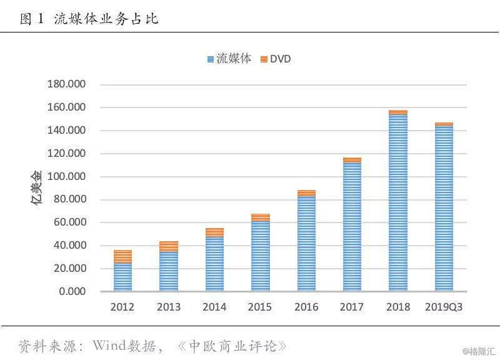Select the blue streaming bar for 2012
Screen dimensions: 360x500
[122, 277]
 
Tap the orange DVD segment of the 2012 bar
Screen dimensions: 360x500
[122, 256]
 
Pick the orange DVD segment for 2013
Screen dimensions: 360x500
[168, 246]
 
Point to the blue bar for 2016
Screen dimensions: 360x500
[306, 244]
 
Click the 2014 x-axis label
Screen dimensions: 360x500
[214, 307]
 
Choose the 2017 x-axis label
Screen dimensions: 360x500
[352, 307]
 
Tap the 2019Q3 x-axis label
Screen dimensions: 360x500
[444, 307]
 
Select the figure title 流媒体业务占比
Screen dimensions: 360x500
[106, 19]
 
